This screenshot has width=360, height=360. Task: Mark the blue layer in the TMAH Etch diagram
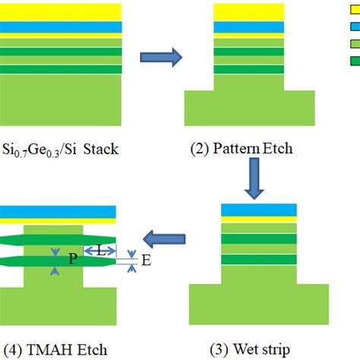click(x=57, y=211)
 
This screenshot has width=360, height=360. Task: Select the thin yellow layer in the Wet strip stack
click(x=257, y=220)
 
